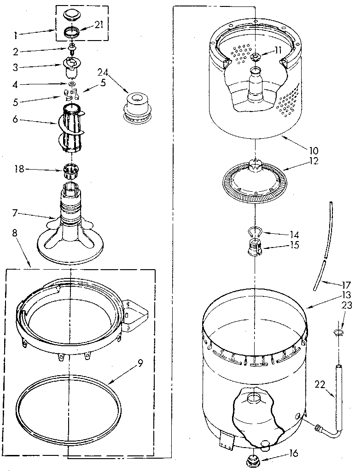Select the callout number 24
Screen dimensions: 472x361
click(x=102, y=72)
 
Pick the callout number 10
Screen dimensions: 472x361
click(x=313, y=150)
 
